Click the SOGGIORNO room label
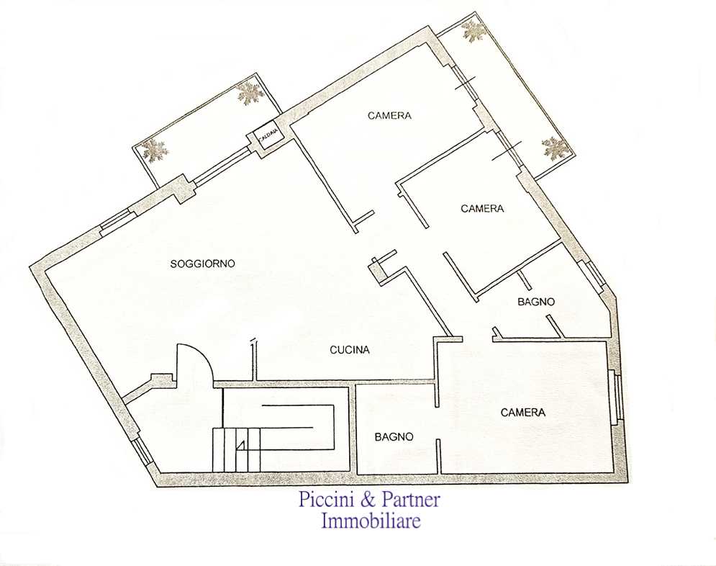point(202,264)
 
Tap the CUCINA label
point(349,350)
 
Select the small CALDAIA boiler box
point(268,136)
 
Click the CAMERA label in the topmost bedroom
point(389,115)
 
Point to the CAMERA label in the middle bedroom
point(482,209)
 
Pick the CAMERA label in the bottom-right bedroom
point(523,413)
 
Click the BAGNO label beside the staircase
point(394,437)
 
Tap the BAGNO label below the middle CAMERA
point(536,302)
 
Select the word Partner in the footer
point(410,499)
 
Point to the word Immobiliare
point(371,521)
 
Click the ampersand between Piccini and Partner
point(368,499)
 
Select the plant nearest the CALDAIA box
point(250,94)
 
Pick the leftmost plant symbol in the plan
point(155,151)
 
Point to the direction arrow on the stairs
point(241,445)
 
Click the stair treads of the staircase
point(237,450)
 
